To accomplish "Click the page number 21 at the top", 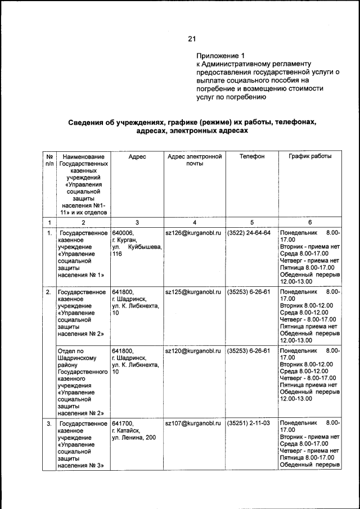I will pyautogui.click(x=191, y=38).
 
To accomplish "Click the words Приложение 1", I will pyautogui.click(x=221, y=56).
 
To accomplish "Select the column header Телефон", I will pyautogui.click(x=251, y=156).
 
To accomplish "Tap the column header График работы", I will pyautogui.click(x=310, y=156).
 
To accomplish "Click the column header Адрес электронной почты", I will pyautogui.click(x=193, y=160).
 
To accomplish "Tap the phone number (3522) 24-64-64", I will pyautogui.click(x=249, y=232).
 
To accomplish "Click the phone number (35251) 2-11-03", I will pyautogui.click(x=249, y=422).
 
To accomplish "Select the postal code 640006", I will pyautogui.click(x=122, y=232).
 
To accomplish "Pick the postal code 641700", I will pyautogui.click(x=122, y=422).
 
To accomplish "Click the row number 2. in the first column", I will pyautogui.click(x=49, y=292).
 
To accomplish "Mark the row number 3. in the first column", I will pyautogui.click(x=49, y=422).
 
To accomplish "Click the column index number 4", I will pyautogui.click(x=193, y=222).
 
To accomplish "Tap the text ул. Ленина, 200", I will pyautogui.click(x=134, y=437).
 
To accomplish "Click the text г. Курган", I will pyautogui.click(x=125, y=240).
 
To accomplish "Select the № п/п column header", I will pyautogui.click(x=49, y=160).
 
